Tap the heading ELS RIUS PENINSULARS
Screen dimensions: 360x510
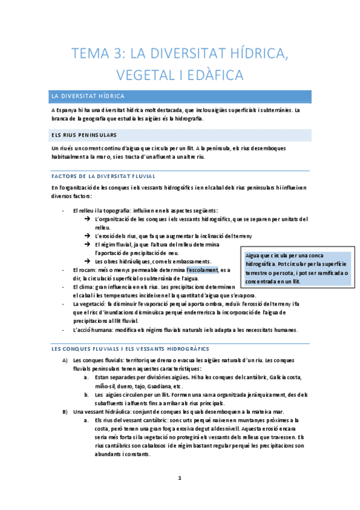coord(85,135)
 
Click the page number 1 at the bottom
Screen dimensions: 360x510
coord(180,479)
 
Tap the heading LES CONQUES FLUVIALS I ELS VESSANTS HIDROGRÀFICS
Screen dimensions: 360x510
coord(130,349)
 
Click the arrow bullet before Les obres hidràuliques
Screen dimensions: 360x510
coord(88,261)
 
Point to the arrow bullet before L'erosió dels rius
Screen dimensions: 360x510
coord(88,236)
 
